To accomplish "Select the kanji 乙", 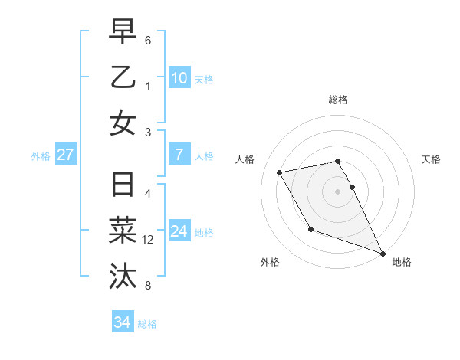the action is pos(123,77).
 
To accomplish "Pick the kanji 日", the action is pos(123,186).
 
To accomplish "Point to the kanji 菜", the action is pos(123,231).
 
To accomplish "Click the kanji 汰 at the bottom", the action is pos(123,275).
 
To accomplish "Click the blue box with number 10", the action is pos(179,78).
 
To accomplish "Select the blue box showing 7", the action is pos(179,155).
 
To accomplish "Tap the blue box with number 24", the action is pos(179,231).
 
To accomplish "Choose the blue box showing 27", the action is pos(66,155).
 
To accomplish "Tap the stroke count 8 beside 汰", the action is pos(148,286).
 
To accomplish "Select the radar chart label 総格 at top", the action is pos(338,100).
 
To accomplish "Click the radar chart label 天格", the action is pos(432,159).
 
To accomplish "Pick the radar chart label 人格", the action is pos(246,159).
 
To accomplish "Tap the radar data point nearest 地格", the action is pos(383,254).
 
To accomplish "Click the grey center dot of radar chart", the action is pos(338,191).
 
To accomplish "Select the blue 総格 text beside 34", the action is pos(147,324).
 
